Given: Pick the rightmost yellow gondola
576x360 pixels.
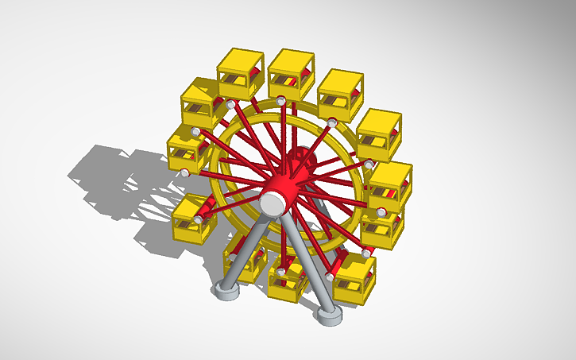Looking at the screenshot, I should tap(390, 185).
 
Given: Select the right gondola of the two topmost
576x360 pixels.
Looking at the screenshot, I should tap(291, 73).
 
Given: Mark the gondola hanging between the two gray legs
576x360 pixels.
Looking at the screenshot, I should tap(287, 280).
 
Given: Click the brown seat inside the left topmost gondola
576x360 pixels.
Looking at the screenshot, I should tap(235, 82).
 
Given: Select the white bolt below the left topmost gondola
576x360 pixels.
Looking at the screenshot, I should tap(230, 104).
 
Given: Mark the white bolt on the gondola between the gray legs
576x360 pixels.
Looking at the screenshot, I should tap(280, 273).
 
